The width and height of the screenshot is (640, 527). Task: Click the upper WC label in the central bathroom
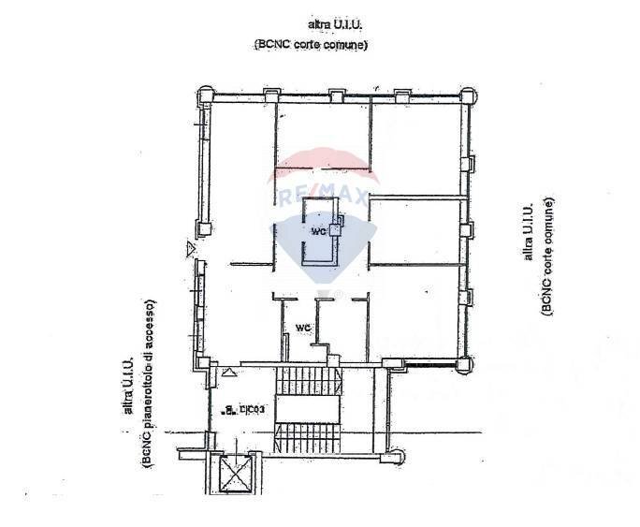[317, 231]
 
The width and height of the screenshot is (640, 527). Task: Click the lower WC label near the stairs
[302, 327]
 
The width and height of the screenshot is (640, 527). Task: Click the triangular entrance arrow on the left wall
[191, 249]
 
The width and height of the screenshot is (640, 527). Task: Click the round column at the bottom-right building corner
[464, 363]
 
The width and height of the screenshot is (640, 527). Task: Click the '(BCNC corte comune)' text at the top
[310, 44]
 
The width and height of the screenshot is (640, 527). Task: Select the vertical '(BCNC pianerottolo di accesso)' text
[150, 384]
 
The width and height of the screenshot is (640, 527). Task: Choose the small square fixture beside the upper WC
[338, 222]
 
